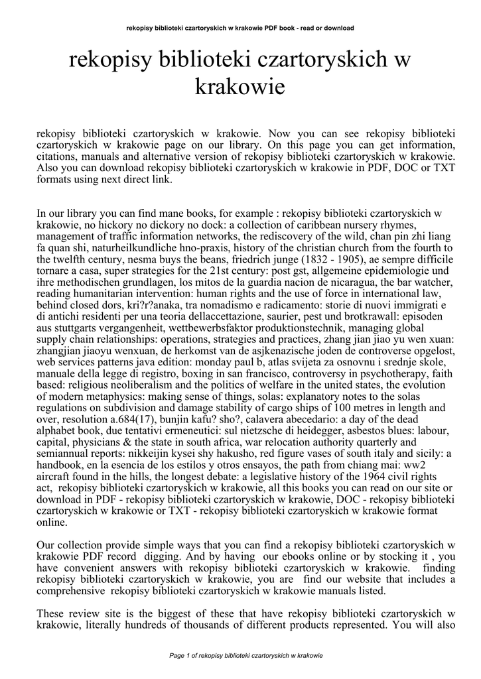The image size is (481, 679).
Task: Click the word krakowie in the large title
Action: click(x=240, y=87)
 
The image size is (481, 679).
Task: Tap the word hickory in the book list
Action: click(x=100, y=225)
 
